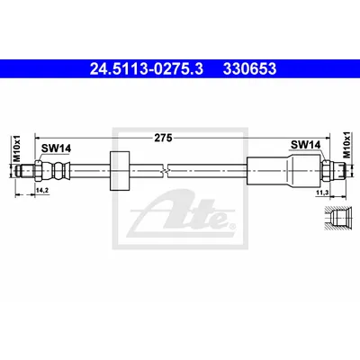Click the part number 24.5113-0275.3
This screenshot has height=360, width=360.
147,68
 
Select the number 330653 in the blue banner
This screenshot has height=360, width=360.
249,68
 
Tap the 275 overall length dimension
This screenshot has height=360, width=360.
163,138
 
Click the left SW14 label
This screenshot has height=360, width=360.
56,148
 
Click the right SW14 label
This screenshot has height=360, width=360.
305,145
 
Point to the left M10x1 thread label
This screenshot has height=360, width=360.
17,148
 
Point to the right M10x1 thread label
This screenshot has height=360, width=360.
346,145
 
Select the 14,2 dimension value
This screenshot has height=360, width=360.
42,190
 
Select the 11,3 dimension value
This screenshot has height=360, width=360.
321,193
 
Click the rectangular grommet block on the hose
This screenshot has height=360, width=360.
120,171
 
